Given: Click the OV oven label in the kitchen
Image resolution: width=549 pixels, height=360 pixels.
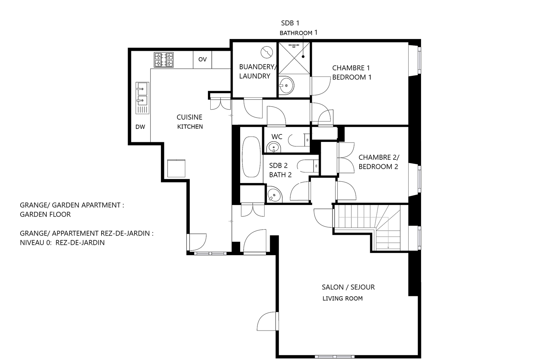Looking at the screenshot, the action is click(202, 59).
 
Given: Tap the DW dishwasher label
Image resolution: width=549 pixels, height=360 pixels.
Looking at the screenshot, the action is click(140, 127).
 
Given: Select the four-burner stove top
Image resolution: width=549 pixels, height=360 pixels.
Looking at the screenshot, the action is click(164, 60).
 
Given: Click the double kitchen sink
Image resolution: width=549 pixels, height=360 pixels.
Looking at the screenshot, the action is click(142, 98).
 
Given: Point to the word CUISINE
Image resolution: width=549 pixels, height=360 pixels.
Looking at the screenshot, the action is click(189, 117).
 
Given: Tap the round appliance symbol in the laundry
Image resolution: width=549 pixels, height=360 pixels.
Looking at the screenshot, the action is click(267, 52).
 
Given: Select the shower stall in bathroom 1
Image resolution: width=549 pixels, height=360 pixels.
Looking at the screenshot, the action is click(294, 58).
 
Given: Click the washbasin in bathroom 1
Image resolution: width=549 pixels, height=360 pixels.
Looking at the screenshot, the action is click(286, 85).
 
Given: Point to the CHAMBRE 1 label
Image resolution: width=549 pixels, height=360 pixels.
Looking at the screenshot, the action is click(351, 68).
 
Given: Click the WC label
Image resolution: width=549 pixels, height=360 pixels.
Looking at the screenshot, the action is click(277, 137).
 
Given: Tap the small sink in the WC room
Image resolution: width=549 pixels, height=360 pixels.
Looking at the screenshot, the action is click(273, 147).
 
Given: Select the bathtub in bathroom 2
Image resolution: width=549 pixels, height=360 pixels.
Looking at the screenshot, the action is click(251, 157).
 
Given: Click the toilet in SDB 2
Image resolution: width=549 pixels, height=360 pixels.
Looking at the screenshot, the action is click(308, 166).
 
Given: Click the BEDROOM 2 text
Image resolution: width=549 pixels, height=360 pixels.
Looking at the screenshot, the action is click(378, 167).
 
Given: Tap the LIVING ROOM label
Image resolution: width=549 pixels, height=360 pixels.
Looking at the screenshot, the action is click(343, 299).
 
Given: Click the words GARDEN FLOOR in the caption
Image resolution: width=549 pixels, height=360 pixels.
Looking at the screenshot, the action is click(45, 215).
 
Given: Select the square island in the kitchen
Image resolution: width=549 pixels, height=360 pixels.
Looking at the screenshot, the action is click(176, 168).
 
